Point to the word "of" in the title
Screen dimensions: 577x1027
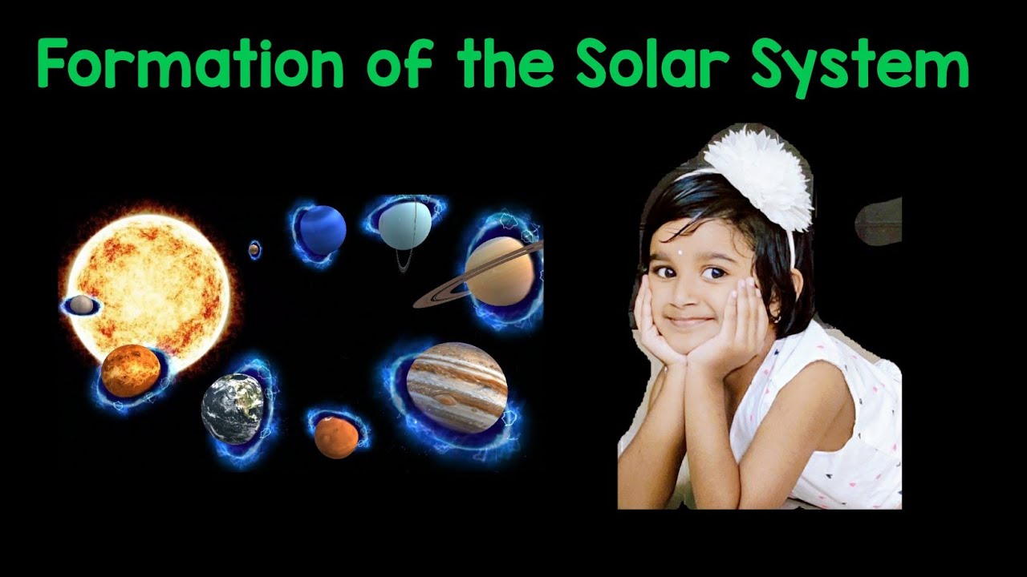pos(400,66)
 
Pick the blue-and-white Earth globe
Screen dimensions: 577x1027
pos(233,409)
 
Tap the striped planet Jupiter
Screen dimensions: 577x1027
pos(457,387)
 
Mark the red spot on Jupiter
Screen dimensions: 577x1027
pos(446,399)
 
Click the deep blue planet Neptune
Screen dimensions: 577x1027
pos(323,230)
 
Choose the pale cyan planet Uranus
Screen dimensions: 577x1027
pos(405,224)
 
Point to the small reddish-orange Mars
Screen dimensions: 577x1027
pos(336,438)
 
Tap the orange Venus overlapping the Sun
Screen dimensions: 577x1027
pos(130,371)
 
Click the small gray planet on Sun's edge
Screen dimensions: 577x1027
pos(80,305)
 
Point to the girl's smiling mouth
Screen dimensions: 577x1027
pos(689,321)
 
